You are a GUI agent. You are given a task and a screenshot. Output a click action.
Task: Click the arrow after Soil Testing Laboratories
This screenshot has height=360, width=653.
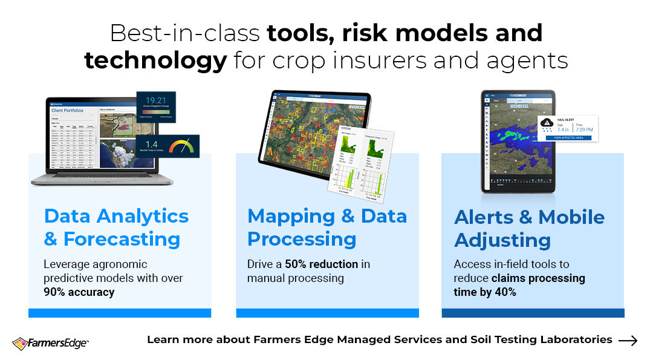click(x=628, y=341)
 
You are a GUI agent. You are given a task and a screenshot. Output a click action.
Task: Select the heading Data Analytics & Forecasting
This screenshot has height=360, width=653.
click(x=116, y=227)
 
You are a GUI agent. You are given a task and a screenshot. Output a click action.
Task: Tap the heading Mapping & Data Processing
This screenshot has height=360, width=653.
click(x=326, y=227)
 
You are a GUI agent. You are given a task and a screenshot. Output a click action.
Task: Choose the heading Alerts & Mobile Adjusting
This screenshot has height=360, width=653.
click(x=529, y=229)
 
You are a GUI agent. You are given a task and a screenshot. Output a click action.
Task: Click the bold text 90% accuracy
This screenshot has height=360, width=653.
click(x=79, y=292)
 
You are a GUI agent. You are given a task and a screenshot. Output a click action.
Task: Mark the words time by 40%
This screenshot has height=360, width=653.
click(x=485, y=292)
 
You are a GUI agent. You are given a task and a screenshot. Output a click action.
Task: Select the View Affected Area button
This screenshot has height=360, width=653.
click(x=568, y=138)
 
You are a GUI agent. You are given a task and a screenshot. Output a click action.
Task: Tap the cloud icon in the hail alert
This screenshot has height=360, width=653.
click(x=547, y=122)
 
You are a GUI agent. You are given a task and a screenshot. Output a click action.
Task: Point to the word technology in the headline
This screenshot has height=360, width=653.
click(x=155, y=61)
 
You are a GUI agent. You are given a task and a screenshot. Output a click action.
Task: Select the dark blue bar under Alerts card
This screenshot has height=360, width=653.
click(x=533, y=313)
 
